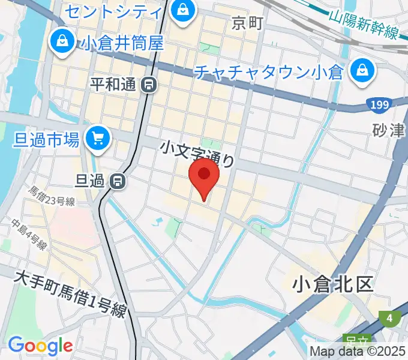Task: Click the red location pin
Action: (x=204, y=175)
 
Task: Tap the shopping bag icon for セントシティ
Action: (x=181, y=9)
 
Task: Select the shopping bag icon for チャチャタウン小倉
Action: (x=364, y=71)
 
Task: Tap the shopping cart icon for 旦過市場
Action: (x=97, y=139)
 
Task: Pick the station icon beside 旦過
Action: (x=119, y=179)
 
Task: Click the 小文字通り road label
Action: (x=196, y=153)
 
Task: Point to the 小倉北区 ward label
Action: (x=333, y=284)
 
